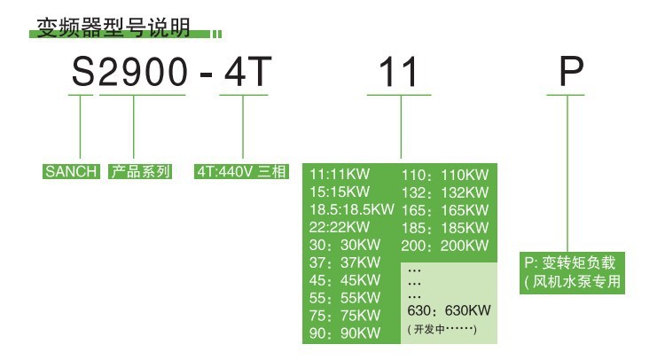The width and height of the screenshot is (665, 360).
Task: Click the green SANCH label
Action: (x=71, y=172)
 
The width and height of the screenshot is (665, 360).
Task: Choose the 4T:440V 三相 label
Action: (x=242, y=172)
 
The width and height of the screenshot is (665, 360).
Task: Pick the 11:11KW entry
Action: (x=340, y=174)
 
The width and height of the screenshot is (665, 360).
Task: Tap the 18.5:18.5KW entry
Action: (x=351, y=209)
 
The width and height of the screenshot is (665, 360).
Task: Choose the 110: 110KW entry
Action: (x=446, y=174)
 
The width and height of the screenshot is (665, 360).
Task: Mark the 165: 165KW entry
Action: (x=446, y=209)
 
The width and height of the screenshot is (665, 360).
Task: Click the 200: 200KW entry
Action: (x=446, y=245)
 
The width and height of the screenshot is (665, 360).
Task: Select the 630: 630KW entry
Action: (x=449, y=312)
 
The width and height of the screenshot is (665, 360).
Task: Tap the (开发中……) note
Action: (x=442, y=330)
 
